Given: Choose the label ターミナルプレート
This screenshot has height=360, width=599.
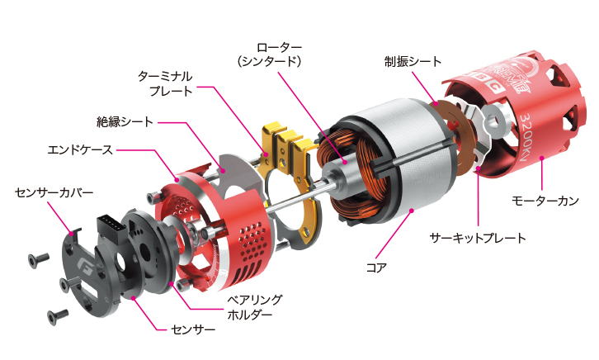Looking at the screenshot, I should [x=172, y=83].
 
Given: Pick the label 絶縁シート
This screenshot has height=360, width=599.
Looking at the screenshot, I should [x=125, y=121].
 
